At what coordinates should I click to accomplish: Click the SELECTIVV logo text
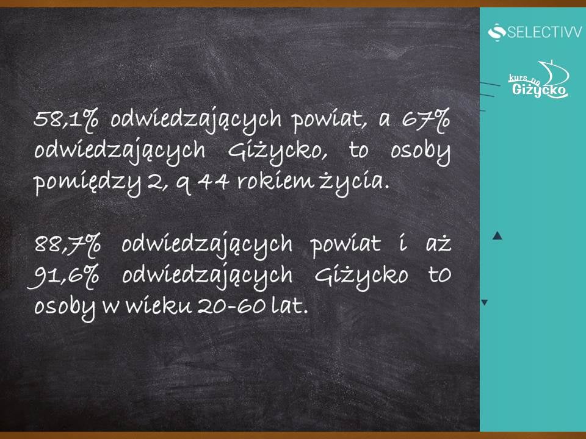click(x=544, y=32)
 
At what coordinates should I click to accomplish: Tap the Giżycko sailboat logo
click(x=538, y=79)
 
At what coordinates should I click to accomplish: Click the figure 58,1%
click(x=66, y=120)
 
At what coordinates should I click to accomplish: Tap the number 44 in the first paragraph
click(x=213, y=182)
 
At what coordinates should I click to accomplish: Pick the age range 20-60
click(x=232, y=307)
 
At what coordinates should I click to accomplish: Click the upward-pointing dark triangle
click(x=497, y=235)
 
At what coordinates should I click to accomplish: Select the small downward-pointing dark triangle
click(x=484, y=302)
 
